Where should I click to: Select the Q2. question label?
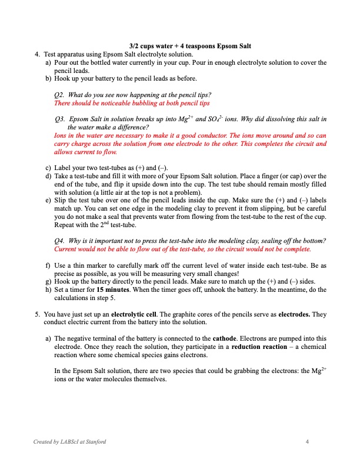(x=59, y=95)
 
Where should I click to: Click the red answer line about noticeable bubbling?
(x=131, y=103)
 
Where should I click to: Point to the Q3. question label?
(x=59, y=119)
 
